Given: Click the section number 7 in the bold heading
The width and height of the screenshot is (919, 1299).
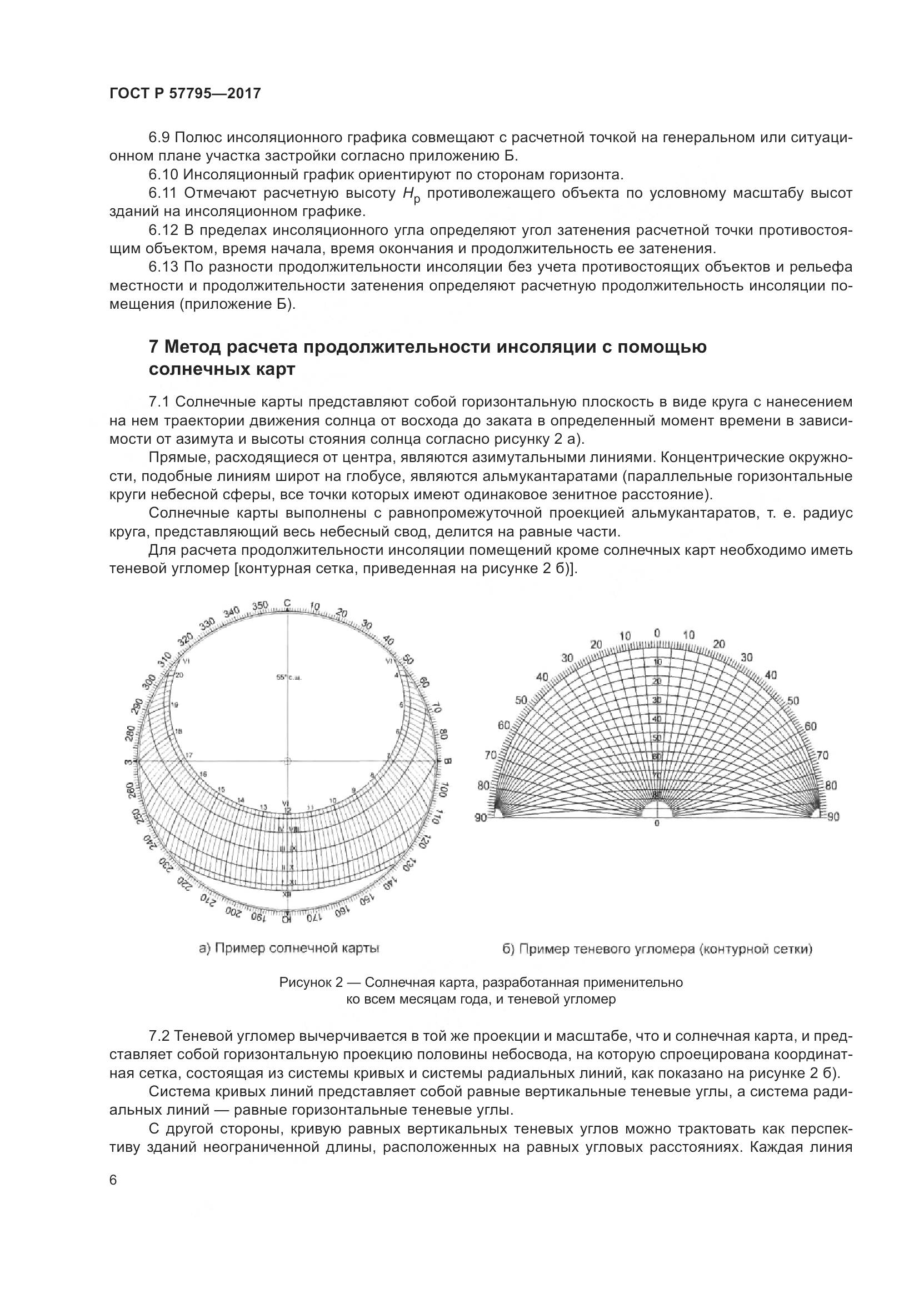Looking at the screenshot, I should [153, 346].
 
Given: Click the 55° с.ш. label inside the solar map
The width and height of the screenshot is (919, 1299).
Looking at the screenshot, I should [287, 677].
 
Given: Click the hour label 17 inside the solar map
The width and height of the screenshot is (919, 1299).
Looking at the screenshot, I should [189, 755].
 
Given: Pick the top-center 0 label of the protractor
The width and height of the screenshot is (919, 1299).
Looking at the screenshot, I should [656, 633].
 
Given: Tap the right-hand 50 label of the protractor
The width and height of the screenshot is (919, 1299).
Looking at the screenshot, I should [793, 701].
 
